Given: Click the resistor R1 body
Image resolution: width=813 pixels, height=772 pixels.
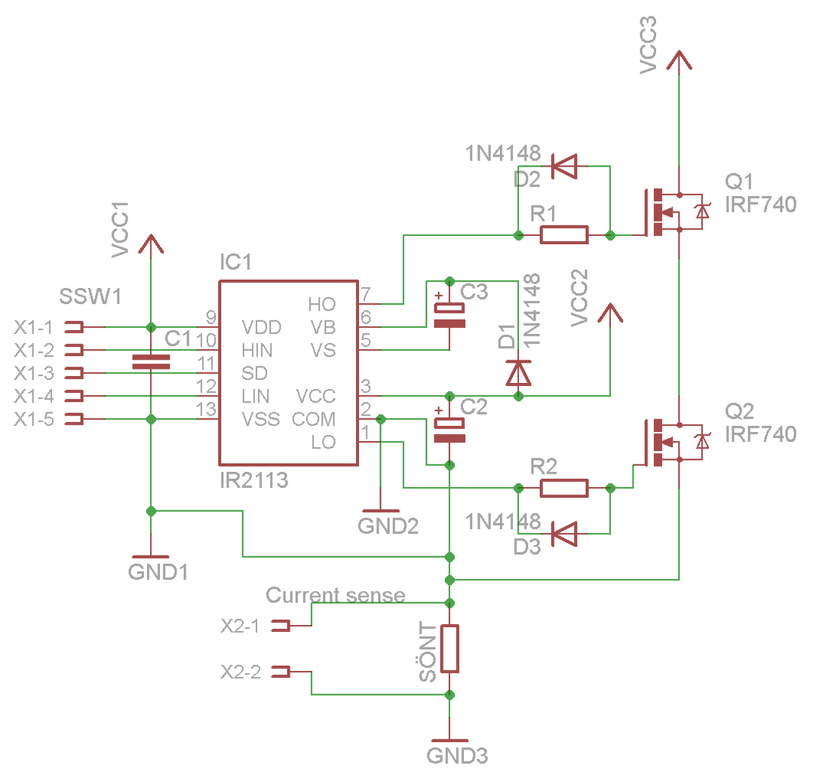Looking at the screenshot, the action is click(564, 235).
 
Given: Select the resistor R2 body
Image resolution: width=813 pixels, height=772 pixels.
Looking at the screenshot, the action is click(564, 488).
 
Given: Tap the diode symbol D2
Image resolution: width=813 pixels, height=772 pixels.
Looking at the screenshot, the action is click(564, 166).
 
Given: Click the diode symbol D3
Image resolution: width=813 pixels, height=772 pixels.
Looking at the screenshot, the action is click(564, 534).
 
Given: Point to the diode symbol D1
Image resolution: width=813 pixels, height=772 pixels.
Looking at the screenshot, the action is click(518, 372).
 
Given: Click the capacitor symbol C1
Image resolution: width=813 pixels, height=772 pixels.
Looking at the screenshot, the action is click(151, 362).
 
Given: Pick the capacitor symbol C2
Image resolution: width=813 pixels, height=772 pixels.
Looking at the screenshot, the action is click(449, 430).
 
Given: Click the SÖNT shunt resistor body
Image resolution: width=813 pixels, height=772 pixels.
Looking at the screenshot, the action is click(449, 648).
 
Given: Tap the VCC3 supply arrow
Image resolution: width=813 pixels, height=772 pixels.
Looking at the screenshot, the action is click(679, 60).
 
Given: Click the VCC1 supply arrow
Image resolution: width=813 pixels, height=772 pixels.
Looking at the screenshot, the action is click(151, 244).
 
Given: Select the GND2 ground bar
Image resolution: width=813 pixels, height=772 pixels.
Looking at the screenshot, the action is click(381, 510).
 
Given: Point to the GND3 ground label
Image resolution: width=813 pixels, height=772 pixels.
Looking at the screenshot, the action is click(457, 756).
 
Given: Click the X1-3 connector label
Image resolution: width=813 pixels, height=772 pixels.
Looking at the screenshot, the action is click(34, 372).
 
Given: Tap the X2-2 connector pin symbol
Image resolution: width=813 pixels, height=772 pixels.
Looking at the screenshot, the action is click(281, 672).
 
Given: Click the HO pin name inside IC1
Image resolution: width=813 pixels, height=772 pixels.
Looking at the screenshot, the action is click(321, 305).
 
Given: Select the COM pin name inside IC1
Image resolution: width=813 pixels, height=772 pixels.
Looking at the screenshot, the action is click(314, 419).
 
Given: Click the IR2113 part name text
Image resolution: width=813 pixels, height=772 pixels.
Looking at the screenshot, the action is click(254, 481).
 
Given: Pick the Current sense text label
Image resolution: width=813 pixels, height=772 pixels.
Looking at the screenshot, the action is click(336, 595).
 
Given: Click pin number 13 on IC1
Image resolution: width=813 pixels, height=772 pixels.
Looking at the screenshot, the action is click(206, 409).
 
